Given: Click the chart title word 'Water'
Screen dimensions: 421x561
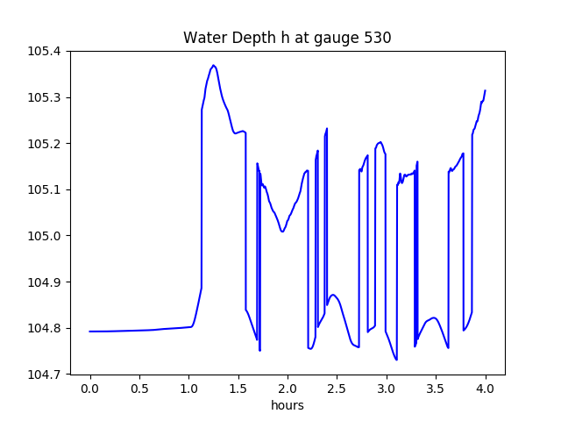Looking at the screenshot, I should (x=203, y=38).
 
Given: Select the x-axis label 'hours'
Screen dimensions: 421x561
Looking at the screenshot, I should (x=288, y=406).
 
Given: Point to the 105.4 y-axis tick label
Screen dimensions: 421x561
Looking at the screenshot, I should (x=44, y=51).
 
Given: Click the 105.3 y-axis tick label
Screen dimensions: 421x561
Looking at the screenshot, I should (x=44, y=97).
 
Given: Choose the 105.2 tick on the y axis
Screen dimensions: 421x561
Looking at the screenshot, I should (x=44, y=144).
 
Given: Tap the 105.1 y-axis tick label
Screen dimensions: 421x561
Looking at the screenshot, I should (x=44, y=189).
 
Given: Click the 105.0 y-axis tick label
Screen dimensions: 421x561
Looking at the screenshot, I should (x=44, y=236).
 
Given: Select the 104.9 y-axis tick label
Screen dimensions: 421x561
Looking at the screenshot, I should (x=44, y=282).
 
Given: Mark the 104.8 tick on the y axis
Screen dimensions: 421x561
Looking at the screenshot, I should (x=44, y=329).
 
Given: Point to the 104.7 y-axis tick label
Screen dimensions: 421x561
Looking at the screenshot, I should (x=44, y=375).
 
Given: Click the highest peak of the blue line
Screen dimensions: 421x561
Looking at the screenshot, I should (x=213, y=65).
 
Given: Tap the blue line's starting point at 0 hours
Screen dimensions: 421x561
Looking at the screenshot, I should (x=90, y=332).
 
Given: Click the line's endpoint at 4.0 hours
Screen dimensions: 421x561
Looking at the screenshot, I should (x=486, y=90).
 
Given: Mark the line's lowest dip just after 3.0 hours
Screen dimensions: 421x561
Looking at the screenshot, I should (x=396, y=360).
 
